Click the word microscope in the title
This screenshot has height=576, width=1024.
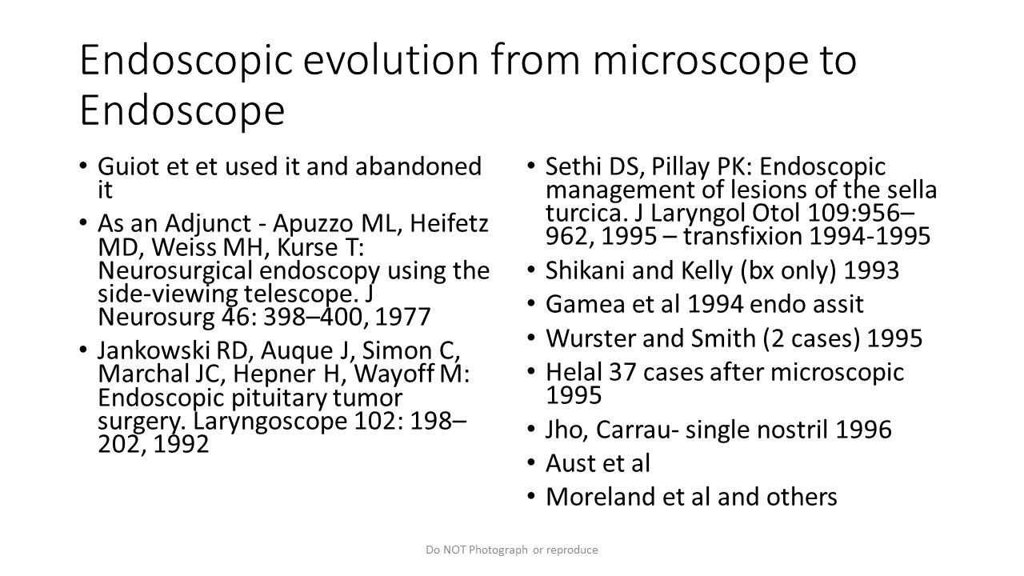click(x=701, y=62)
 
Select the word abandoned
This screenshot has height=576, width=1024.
click(x=418, y=166)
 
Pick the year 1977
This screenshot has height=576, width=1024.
click(x=402, y=318)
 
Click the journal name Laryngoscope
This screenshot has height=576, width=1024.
click(x=270, y=422)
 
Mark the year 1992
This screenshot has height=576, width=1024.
click(x=181, y=444)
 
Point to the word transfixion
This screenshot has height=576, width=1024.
click(x=743, y=236)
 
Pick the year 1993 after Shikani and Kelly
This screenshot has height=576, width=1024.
click(x=871, y=270)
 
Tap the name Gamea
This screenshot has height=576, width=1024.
click(x=585, y=305)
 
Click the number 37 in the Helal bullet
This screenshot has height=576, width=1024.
click(x=622, y=373)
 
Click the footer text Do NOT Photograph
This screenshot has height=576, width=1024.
click(x=477, y=550)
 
